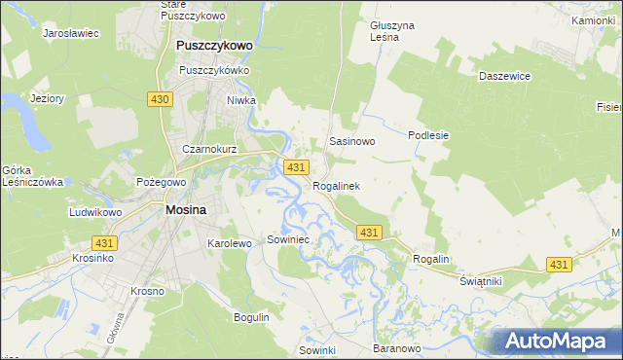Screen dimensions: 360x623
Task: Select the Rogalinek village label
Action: (x=337, y=186)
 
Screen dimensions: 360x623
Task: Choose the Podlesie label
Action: (x=428, y=135)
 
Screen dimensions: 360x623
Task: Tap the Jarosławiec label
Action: (x=71, y=32)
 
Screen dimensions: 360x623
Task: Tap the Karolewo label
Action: (x=230, y=242)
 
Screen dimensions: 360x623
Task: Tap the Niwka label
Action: (x=268, y=99)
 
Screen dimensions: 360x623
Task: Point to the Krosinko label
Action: (x=93, y=259)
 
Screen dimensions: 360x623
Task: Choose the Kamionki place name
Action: (x=593, y=19)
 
